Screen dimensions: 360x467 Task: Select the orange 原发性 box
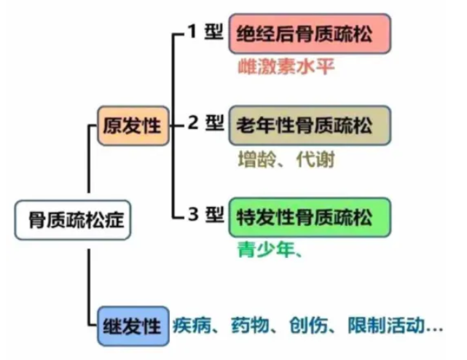click(x=133, y=125)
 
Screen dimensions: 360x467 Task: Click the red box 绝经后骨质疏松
click(x=309, y=34)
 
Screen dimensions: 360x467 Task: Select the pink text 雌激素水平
click(x=285, y=67)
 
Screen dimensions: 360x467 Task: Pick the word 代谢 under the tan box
click(x=314, y=160)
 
